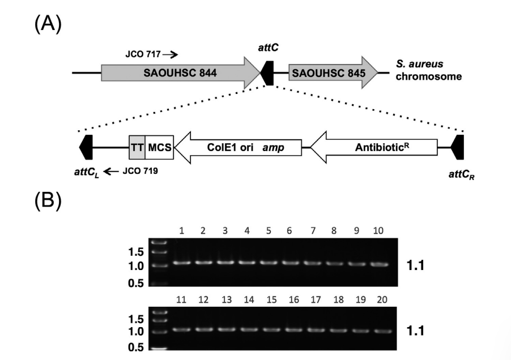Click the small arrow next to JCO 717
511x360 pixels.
click(x=170, y=55)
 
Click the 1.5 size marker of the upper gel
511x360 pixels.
click(x=138, y=251)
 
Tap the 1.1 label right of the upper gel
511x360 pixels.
click(x=418, y=264)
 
